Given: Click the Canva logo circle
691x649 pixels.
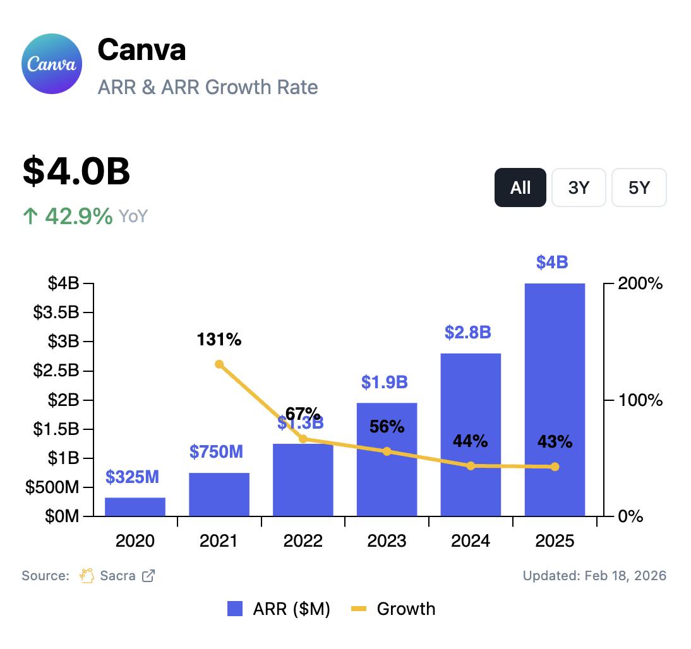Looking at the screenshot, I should tap(52, 64).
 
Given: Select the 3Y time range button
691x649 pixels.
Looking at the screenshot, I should tap(579, 188).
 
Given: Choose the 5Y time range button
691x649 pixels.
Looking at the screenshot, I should tap(639, 188).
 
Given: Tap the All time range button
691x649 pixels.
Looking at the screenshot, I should tap(520, 188).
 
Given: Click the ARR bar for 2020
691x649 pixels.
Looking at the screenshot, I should tap(135, 506).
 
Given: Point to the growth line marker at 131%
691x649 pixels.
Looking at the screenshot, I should tap(219, 364).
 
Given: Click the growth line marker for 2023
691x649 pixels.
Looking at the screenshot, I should tap(387, 451).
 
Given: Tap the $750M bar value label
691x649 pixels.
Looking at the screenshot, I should tap(216, 452).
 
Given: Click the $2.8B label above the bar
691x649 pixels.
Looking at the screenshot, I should tap(467, 333).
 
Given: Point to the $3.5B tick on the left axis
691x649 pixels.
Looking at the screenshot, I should tap(56, 313).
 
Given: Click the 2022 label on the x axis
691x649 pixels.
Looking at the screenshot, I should tap(303, 541).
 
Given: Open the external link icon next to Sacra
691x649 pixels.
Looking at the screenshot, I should tap(148, 576).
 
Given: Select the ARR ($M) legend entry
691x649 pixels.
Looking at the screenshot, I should tap(279, 609).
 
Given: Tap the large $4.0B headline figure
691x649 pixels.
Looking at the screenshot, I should tap(76, 171).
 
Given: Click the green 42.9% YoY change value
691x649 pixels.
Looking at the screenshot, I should tap(78, 217).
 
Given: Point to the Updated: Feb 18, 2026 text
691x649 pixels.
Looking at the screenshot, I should tap(594, 576).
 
